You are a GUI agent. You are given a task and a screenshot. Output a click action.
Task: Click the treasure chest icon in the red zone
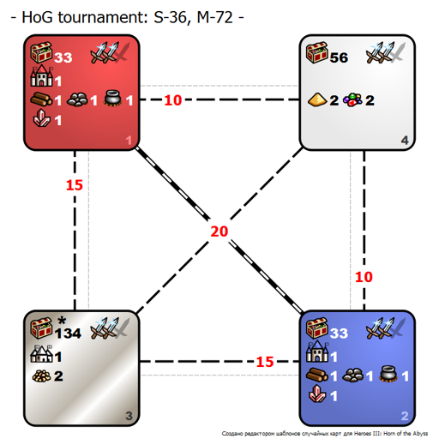click(x=41, y=52)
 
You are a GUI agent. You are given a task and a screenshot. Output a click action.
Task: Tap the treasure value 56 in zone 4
click(x=339, y=57)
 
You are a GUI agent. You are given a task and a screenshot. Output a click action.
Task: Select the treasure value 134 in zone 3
click(x=68, y=334)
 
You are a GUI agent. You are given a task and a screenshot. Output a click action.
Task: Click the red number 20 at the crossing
click(x=219, y=232)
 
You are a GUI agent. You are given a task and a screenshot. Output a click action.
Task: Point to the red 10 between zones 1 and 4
click(x=173, y=100)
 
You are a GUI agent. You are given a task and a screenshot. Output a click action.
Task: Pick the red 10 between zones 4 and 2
click(x=364, y=277)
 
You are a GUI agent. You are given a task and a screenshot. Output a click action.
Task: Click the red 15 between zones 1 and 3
click(x=75, y=185)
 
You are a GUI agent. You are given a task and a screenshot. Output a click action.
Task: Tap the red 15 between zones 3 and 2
click(x=265, y=362)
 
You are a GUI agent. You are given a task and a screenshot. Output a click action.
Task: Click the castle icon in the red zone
click(x=42, y=75)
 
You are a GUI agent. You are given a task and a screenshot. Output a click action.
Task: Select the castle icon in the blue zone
click(x=317, y=352)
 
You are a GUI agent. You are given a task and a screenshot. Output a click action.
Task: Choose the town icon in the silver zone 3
click(x=42, y=353)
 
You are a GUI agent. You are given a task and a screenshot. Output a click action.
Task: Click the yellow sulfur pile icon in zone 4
click(x=317, y=99)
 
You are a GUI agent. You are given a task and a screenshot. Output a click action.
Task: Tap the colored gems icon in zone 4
click(x=352, y=100)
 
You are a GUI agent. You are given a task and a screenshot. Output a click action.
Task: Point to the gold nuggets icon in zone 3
click(x=42, y=376)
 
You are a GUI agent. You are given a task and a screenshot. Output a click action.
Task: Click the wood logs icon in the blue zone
click(x=317, y=375)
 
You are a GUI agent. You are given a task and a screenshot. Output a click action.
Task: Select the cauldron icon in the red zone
click(x=113, y=99)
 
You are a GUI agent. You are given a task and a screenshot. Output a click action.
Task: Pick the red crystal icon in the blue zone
click(x=317, y=394)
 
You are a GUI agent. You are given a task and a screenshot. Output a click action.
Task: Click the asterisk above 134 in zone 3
click(x=62, y=321)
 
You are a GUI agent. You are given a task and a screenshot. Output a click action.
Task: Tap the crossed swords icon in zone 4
click(x=386, y=52)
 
